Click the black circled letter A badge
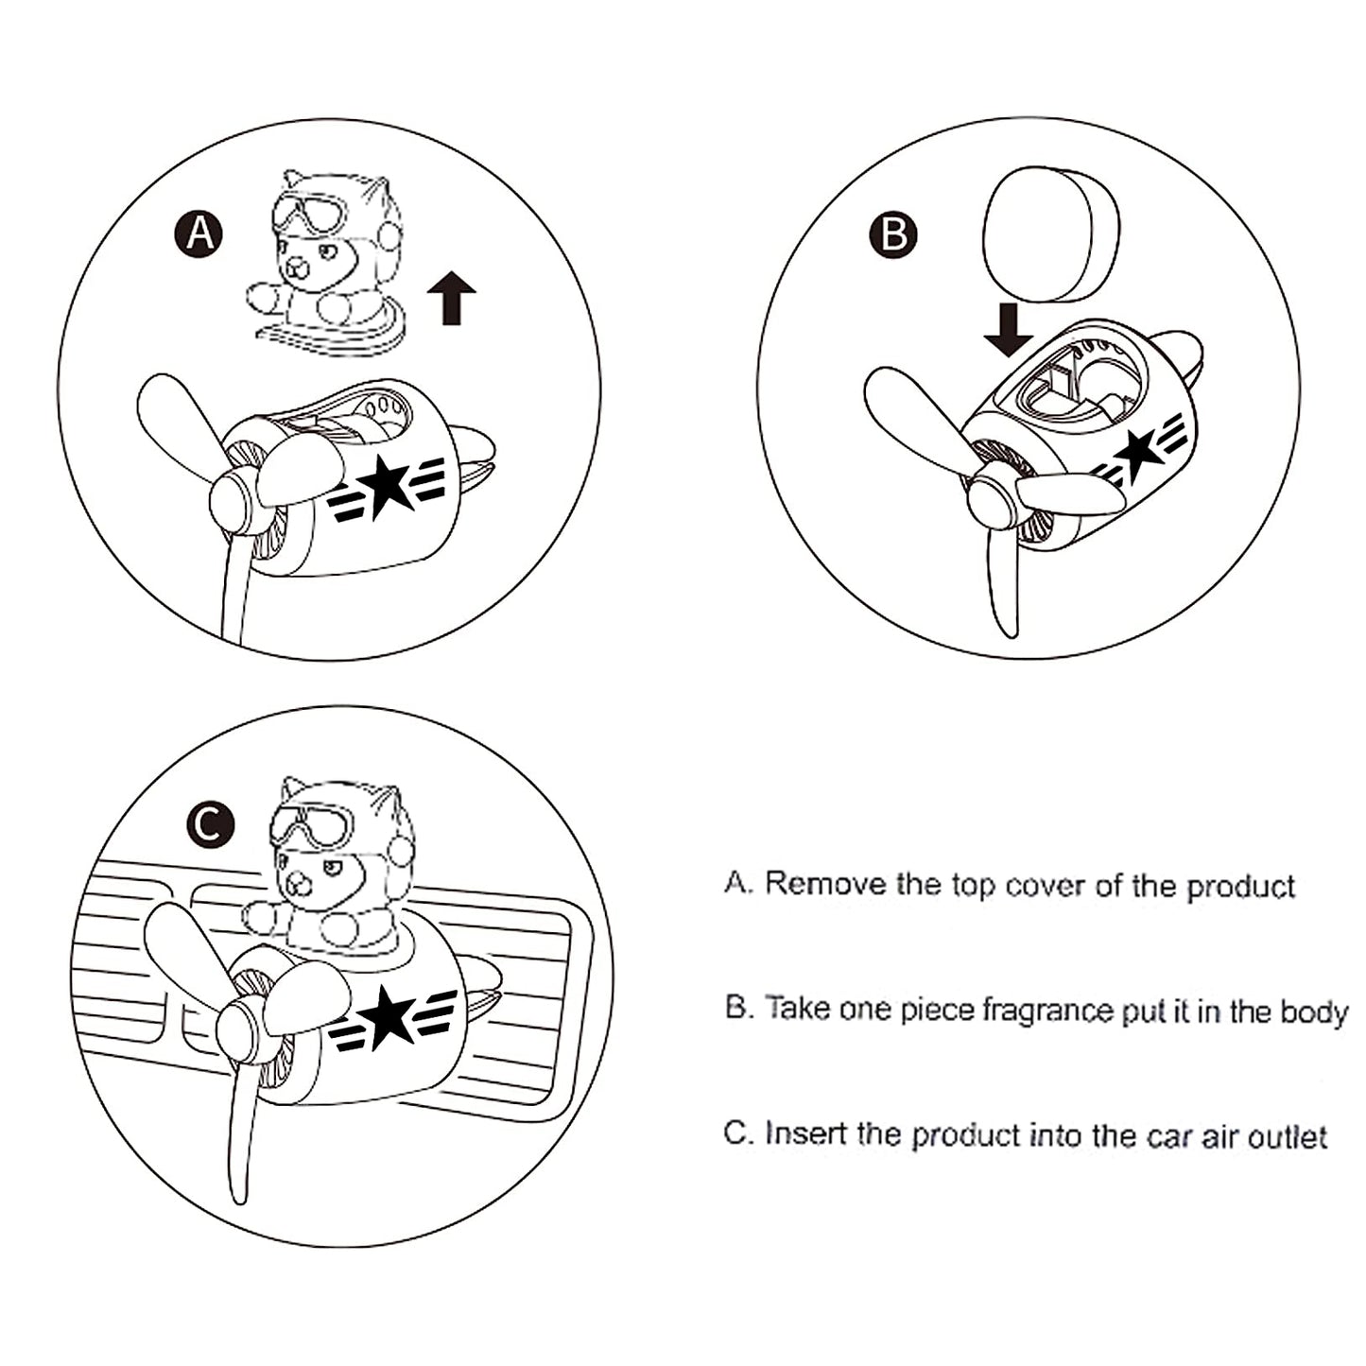[199, 233]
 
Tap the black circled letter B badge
[893, 233]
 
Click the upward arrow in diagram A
[451, 298]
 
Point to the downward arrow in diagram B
[1009, 330]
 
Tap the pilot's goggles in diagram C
[312, 823]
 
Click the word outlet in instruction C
[1288, 1136]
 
